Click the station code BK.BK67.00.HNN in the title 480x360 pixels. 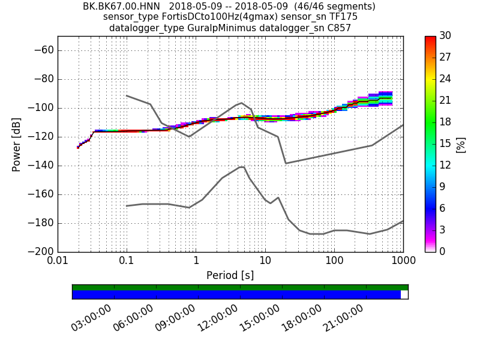click(x=121, y=7)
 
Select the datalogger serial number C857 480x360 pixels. click(x=338, y=28)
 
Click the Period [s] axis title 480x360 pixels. click(x=230, y=275)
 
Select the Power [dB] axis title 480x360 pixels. click(x=17, y=144)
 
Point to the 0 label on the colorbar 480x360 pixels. click(x=444, y=251)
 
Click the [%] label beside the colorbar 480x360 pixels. click(x=461, y=144)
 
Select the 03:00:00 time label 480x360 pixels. click(x=91, y=318)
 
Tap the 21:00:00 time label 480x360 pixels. click(x=344, y=318)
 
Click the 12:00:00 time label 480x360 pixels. click(x=217, y=318)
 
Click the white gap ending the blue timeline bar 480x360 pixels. click(x=404, y=295)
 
